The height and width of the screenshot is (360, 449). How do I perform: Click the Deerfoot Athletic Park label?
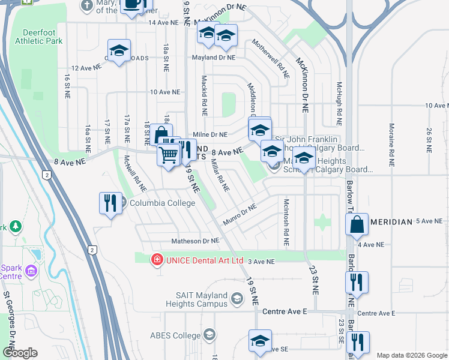point(41,37)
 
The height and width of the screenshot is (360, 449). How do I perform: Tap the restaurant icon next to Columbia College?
point(110,204)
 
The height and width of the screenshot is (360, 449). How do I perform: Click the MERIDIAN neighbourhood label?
point(391,222)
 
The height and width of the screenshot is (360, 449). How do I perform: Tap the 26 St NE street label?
point(429,139)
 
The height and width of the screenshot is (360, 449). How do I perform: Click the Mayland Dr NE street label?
point(213,58)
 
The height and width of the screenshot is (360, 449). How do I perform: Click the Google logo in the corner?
point(19,353)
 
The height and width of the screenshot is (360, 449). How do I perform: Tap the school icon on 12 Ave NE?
point(119,52)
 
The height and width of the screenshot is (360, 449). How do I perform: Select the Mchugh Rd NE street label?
point(339,100)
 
